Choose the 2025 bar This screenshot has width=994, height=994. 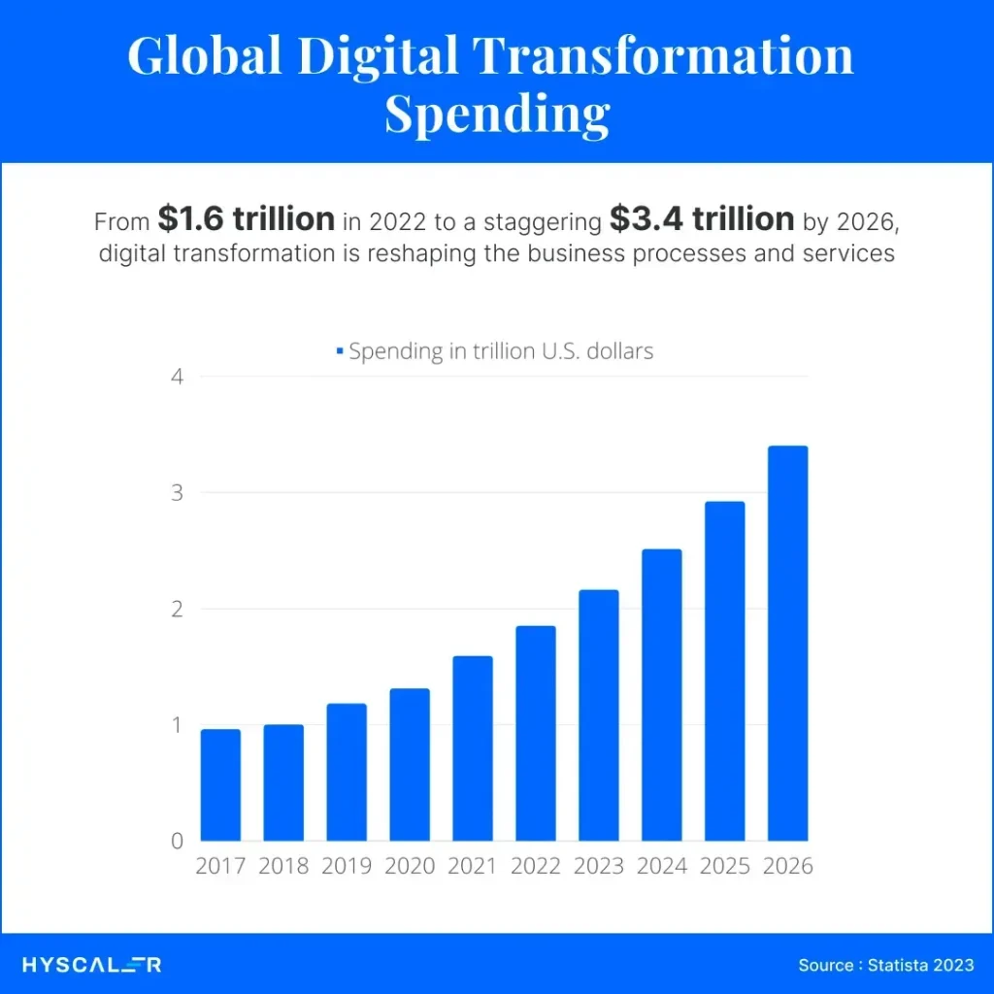point(724,671)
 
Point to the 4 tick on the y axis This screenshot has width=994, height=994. point(177,377)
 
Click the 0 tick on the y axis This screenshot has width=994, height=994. point(177,841)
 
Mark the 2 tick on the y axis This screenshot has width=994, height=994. point(177,609)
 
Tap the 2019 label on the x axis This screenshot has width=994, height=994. point(347,866)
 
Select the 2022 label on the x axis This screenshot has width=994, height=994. point(536,866)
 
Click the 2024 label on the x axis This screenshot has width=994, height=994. point(662,866)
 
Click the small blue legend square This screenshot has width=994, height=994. point(339,351)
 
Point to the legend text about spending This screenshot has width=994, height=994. point(501,351)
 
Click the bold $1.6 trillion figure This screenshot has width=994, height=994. point(246,220)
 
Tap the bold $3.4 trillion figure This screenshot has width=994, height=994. point(702,220)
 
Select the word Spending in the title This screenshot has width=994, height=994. point(497,115)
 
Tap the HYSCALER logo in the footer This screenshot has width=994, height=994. point(92,965)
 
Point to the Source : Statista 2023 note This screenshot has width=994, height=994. point(885,965)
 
